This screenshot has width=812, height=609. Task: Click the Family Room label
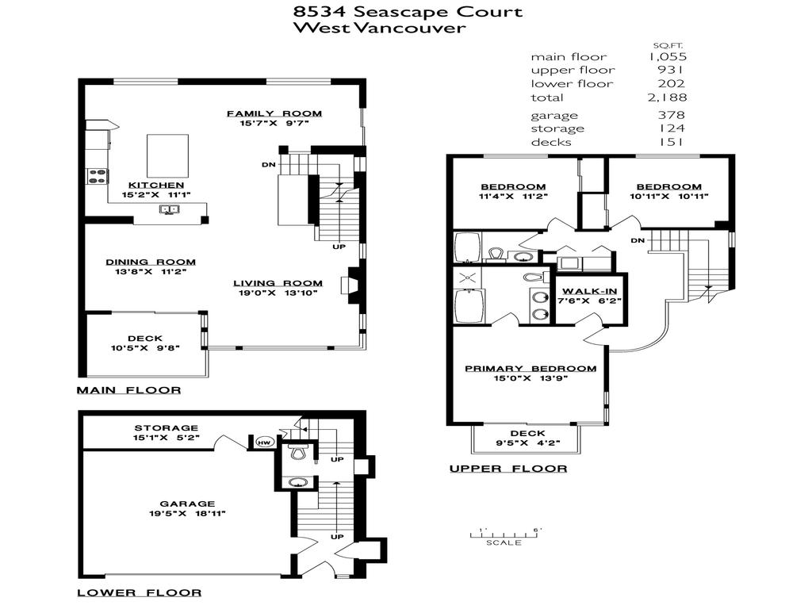click(274, 113)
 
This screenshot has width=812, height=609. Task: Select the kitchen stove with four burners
click(97, 176)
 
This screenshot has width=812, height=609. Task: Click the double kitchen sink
click(170, 210)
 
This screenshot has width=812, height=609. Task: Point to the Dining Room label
click(151, 262)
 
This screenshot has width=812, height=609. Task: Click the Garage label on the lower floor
click(187, 503)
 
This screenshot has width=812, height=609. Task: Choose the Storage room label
click(166, 428)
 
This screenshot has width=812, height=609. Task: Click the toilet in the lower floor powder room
click(297, 453)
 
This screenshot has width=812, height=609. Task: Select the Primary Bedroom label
click(530, 368)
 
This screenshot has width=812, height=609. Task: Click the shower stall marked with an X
click(464, 278)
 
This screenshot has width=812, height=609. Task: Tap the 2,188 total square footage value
click(666, 98)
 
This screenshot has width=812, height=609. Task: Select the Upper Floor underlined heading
click(508, 469)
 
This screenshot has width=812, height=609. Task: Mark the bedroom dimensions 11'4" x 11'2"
click(512, 197)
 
